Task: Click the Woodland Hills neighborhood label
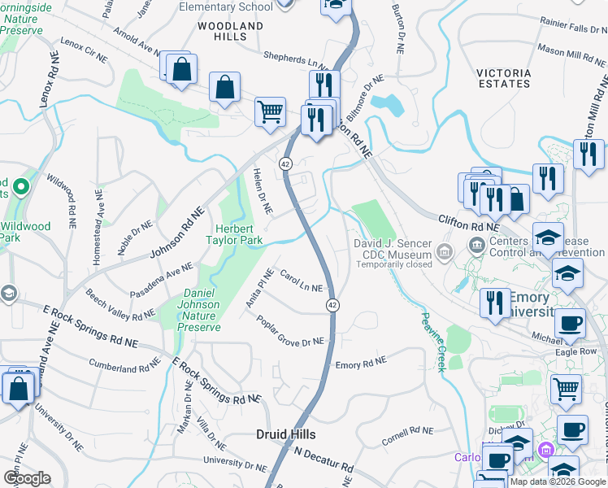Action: (231, 31)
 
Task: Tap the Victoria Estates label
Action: (504, 78)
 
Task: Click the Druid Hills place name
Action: (285, 434)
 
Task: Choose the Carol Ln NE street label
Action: (301, 282)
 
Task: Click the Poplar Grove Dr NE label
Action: (290, 332)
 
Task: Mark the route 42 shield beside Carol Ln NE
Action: (332, 304)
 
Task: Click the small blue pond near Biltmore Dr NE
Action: (387, 104)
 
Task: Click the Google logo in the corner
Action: (27, 478)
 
